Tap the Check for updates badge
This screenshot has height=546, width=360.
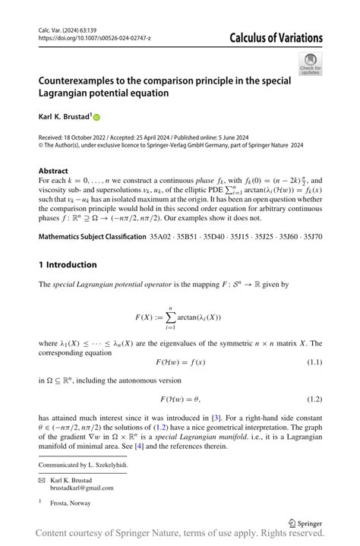310,64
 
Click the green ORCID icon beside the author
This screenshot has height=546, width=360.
96,117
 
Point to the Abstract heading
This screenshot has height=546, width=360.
53,171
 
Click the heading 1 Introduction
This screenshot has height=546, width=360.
68,264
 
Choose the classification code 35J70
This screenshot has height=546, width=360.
308,237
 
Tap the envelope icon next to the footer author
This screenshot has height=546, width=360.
42,481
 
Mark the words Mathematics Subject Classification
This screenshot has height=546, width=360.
92,237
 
